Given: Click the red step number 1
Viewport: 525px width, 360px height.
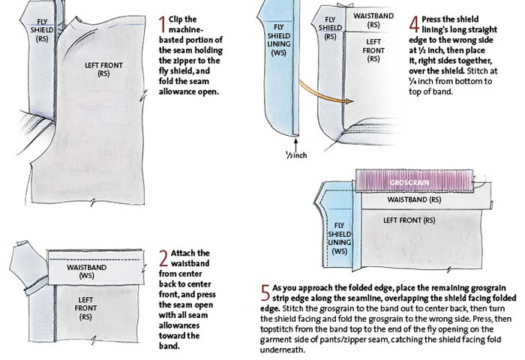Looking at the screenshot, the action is tap(163, 25).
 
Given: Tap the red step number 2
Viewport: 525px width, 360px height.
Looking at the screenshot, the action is tap(163, 259).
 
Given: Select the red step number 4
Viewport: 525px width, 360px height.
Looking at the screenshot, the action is tap(414, 25).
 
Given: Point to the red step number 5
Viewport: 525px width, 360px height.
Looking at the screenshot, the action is tap(265, 293).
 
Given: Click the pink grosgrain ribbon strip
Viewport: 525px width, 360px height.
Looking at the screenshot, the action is tap(415, 181).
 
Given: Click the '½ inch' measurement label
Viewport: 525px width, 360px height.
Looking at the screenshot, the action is tap(296, 154).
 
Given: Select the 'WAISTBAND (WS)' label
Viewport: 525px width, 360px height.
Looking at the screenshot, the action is tap(86, 271).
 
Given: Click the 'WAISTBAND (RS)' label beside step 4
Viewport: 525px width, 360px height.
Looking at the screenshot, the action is tap(373, 20).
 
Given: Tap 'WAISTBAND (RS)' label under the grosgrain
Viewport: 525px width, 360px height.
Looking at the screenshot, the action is tap(414, 199).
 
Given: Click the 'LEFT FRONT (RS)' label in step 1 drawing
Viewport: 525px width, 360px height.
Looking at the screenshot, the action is tap(103, 69).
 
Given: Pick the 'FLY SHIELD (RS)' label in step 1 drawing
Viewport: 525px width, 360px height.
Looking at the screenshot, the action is tap(42, 30).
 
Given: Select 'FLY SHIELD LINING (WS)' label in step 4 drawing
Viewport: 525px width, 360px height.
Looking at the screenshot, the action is tap(279, 40).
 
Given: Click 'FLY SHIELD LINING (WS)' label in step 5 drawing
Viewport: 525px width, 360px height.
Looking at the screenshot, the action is tap(340, 238).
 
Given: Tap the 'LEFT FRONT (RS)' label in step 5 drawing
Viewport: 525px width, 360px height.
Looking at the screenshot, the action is tap(409, 220).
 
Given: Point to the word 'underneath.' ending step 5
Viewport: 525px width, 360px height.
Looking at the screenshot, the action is tap(283, 349).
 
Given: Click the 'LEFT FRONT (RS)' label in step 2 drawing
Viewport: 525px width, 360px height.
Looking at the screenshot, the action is tap(85, 308).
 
